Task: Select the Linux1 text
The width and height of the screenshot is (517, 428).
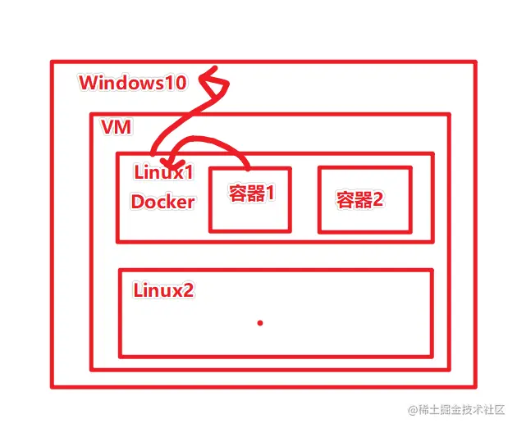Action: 162,174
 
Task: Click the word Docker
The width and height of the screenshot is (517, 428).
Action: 162,202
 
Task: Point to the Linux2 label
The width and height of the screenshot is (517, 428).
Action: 163,290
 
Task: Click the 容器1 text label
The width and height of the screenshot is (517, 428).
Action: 250,195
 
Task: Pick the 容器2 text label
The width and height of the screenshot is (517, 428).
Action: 359,199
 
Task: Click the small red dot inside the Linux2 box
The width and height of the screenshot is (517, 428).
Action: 260,323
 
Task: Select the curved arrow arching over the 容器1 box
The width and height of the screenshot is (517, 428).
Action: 215,141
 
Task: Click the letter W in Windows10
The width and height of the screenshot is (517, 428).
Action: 88,83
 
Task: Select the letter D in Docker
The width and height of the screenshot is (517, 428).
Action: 137,202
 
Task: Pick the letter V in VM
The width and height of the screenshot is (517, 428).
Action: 108,128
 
